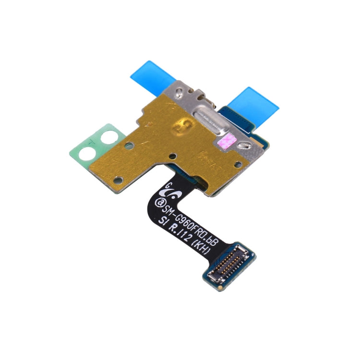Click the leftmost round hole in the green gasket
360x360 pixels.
(x=89, y=154)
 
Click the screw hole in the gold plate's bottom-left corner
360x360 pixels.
(x=121, y=180)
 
